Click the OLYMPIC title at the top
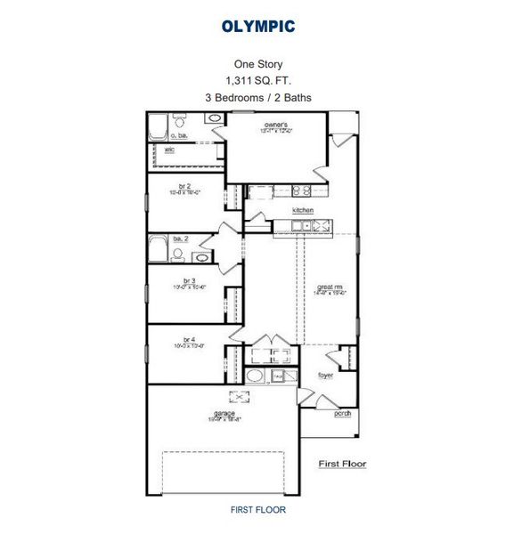(x=258, y=27)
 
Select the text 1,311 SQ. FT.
(x=257, y=79)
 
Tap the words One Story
(x=257, y=63)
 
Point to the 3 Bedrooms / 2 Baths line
(x=257, y=96)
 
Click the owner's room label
(x=276, y=125)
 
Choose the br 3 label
(x=188, y=280)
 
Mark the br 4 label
(x=188, y=339)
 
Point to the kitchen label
(x=303, y=210)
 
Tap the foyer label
(x=327, y=376)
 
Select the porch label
(x=342, y=414)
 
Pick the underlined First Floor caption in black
(x=342, y=464)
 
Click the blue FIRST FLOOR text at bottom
(x=257, y=510)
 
